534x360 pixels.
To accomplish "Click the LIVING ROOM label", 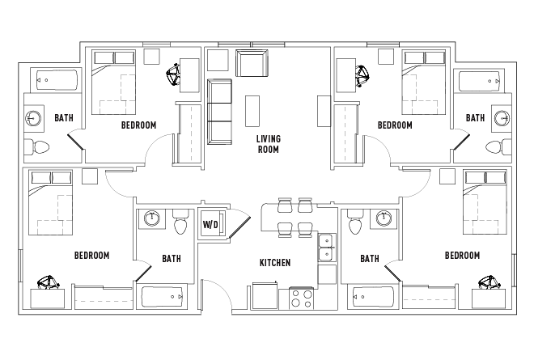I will click(268, 144).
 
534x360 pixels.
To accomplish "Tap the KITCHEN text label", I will click(274, 263).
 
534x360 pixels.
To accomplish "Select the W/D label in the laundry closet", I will click(210, 223).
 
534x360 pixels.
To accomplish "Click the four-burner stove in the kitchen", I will click(301, 299).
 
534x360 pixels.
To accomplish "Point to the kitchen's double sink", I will click(327, 248).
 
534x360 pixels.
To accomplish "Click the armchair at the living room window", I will click(251, 63).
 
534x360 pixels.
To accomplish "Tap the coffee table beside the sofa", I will click(252, 109).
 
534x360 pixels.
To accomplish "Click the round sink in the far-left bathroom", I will click(33, 118).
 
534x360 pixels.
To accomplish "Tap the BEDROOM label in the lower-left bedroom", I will click(91, 256).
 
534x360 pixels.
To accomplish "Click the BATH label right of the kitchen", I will click(370, 259).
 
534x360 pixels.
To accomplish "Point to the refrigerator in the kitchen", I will click(265, 294).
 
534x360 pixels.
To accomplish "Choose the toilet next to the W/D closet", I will click(180, 222).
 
